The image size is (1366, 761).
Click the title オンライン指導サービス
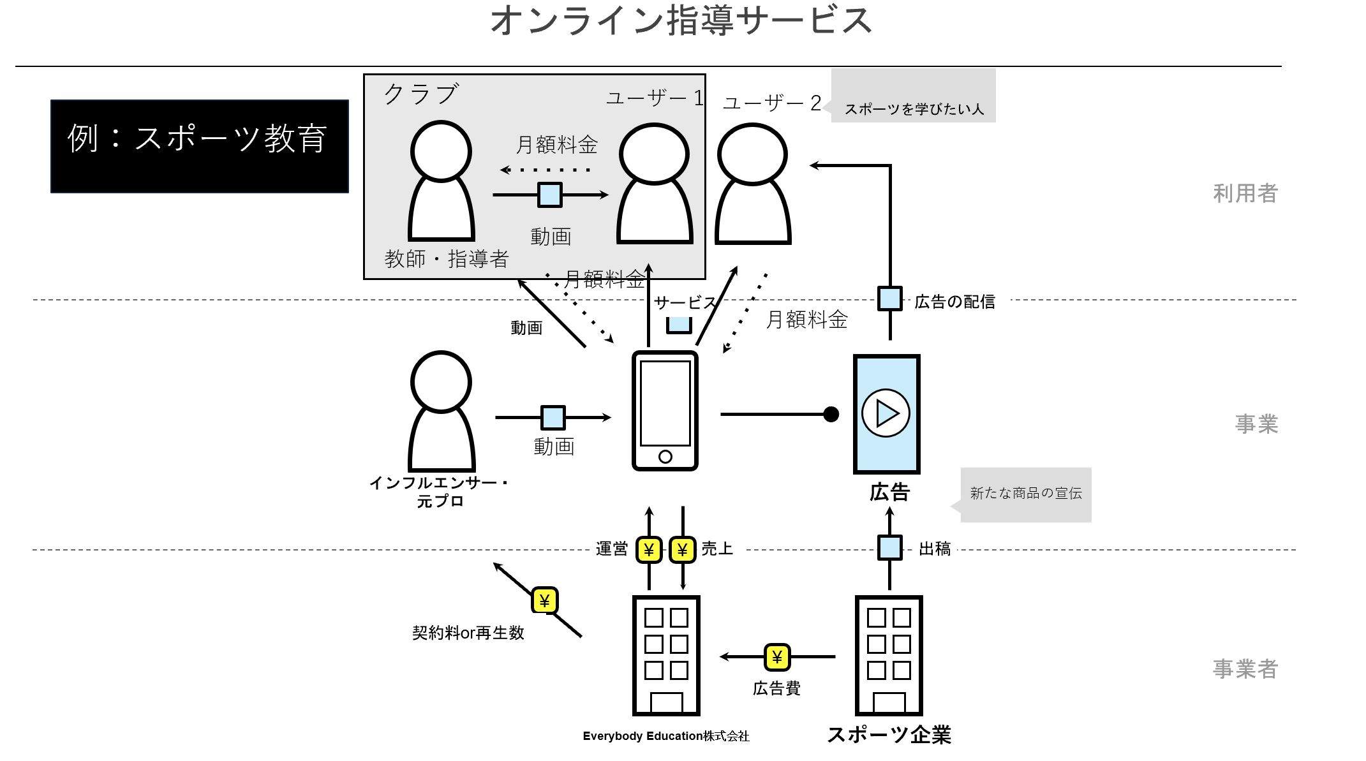tap(681, 20)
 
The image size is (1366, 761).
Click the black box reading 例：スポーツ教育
tap(200, 146)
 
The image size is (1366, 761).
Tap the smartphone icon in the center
tap(665, 411)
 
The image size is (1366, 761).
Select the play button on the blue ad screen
tap(886, 413)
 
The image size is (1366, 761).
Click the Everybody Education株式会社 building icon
tap(666, 656)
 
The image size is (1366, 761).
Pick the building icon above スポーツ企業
tap(889, 656)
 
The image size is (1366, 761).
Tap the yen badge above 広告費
tap(777, 657)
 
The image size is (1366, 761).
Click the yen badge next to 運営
tap(650, 550)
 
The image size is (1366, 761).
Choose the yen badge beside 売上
tap(683, 550)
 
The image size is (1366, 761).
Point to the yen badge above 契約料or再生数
tap(545, 600)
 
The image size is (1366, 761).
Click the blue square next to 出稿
tap(890, 547)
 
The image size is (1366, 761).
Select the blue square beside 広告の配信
tap(890, 299)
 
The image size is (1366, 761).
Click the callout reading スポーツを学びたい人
tap(913, 96)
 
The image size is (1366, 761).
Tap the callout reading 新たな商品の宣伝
tap(1025, 495)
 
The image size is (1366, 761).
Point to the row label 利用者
tap(1245, 193)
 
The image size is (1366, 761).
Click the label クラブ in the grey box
tap(421, 94)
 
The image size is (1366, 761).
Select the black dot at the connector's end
tap(831, 415)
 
